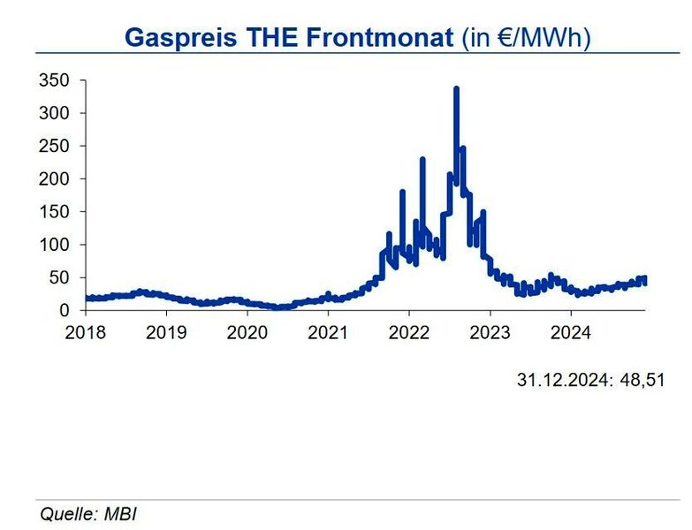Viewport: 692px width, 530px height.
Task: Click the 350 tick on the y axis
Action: pos(53,80)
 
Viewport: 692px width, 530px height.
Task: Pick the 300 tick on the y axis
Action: pos(53,113)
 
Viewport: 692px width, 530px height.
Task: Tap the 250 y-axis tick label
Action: pos(53,146)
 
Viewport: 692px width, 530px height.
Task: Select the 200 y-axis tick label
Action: pos(53,178)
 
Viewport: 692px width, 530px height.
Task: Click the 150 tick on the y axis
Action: pos(53,212)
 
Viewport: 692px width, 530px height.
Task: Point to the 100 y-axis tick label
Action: pos(53,245)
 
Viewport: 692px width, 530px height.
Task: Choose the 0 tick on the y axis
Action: pos(65,310)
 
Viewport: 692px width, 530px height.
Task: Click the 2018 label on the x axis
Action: pos(86,332)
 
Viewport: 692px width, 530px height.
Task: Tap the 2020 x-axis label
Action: pos(247,332)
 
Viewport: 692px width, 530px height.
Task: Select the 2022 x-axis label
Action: pos(409,332)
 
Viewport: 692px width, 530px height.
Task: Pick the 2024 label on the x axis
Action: pos(571,332)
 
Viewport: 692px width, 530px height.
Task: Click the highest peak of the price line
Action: pos(456,88)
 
